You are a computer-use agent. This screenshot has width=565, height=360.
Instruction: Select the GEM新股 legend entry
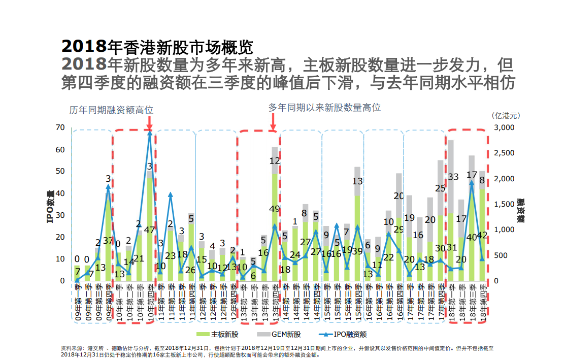pyautogui.click(x=286, y=334)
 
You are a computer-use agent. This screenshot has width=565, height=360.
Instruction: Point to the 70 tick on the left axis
pyautogui.click(x=59, y=127)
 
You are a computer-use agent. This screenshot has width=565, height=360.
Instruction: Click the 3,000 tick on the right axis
pyautogui.click(x=504, y=127)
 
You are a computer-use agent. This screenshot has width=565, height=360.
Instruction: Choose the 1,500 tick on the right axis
pyautogui.click(x=504, y=204)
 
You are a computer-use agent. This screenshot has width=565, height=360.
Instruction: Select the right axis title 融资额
pyautogui.click(x=520, y=210)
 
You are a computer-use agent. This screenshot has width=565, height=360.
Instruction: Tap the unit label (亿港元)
pyautogui.click(x=506, y=115)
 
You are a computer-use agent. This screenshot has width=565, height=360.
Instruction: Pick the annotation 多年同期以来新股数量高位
pyautogui.click(x=324, y=108)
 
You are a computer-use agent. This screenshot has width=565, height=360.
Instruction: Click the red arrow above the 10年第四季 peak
pyautogui.click(x=150, y=123)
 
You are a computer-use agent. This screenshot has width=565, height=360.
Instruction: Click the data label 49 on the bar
pyautogui.click(x=275, y=209)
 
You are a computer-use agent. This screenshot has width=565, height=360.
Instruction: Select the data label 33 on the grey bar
pyautogui.click(x=453, y=177)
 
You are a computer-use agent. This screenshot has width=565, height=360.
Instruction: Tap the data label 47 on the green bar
pyautogui.click(x=150, y=230)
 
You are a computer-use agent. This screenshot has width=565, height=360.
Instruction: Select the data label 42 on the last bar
pyautogui.click(x=482, y=236)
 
